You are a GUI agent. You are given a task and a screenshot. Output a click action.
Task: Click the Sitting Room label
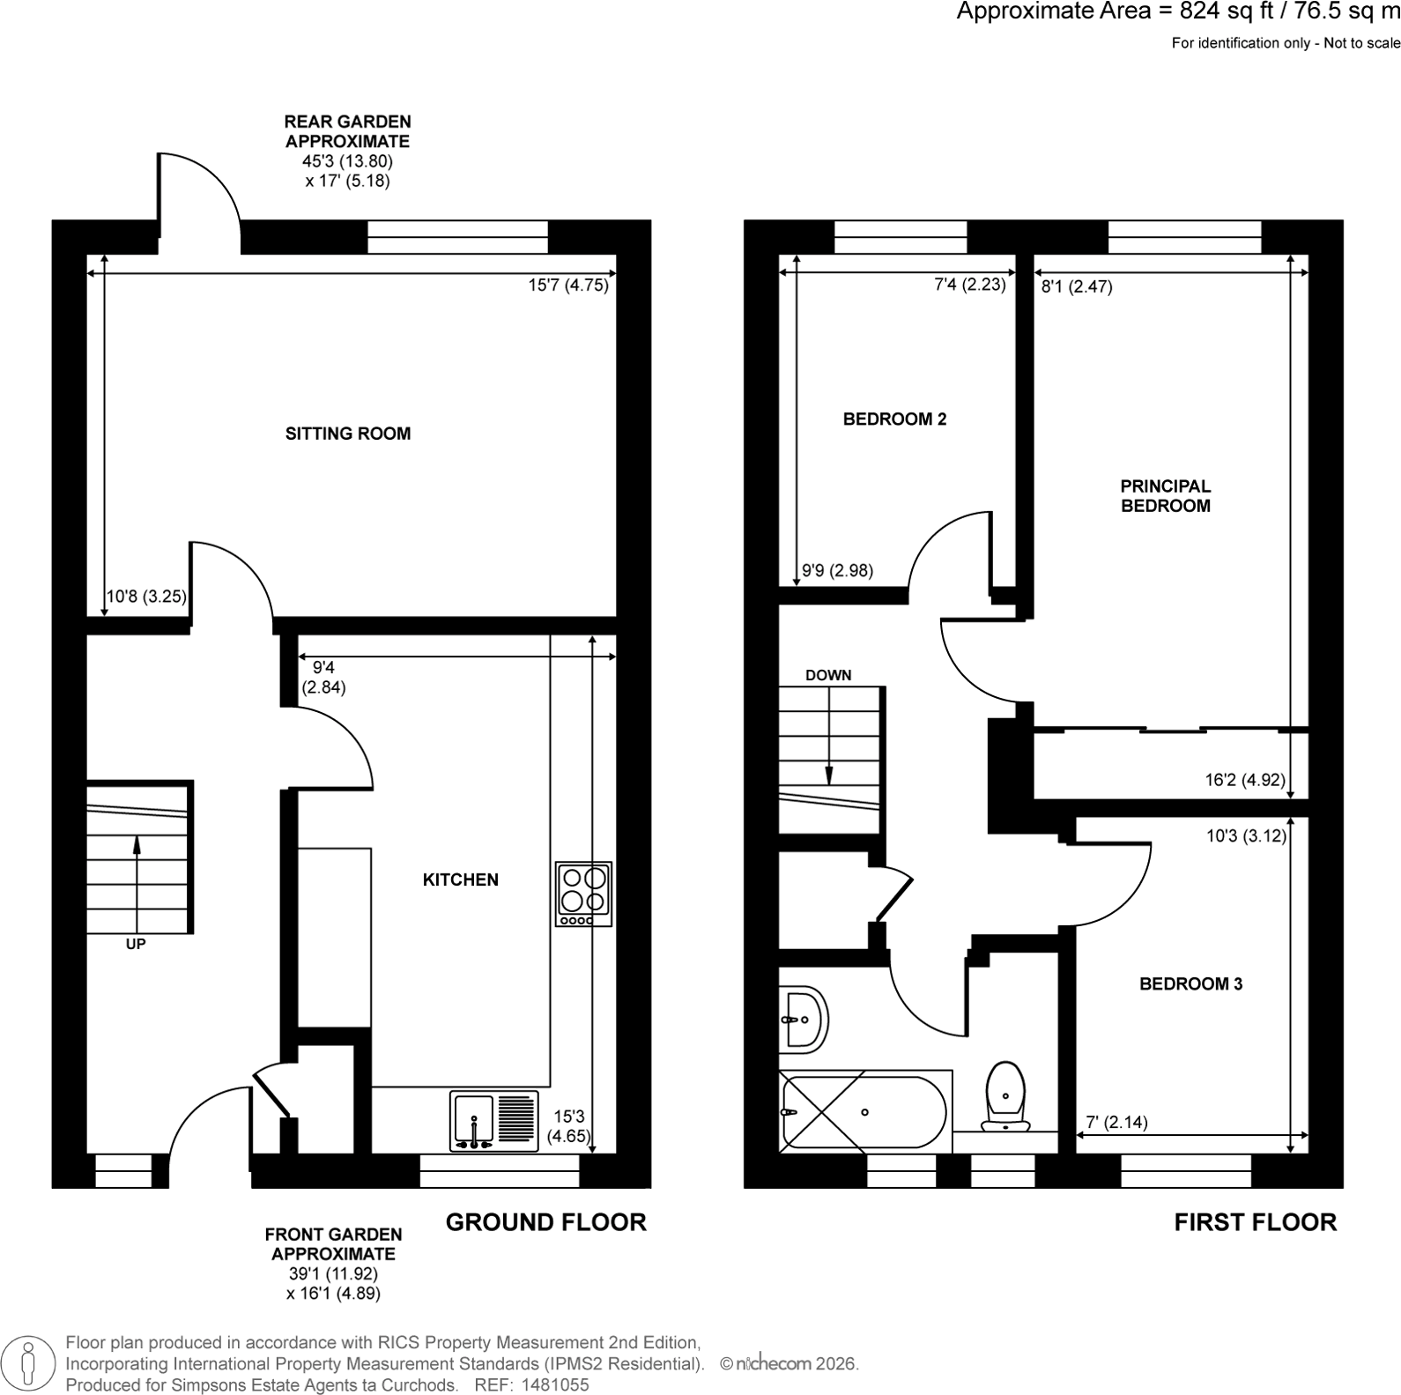348,434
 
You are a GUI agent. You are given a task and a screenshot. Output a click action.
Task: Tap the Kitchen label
461,879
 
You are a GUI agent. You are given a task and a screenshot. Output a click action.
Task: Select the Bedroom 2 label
895,419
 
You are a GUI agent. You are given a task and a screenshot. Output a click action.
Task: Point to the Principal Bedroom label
1166,496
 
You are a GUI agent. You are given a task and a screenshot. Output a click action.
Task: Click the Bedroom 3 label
1191,984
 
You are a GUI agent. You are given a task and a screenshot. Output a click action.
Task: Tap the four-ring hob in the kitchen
584,894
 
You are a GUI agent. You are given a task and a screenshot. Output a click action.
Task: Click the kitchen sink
494,1121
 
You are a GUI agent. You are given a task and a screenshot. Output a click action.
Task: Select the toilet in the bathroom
1006,1097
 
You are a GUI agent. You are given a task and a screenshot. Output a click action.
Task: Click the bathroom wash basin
804,1020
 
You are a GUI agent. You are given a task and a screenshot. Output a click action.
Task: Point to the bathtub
865,1111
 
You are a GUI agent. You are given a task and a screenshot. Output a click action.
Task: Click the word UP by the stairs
136,944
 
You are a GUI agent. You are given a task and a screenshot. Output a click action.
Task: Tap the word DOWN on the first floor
828,675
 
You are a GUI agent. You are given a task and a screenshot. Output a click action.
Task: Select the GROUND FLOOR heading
546,1222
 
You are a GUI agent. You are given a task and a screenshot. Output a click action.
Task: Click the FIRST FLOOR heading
1256,1222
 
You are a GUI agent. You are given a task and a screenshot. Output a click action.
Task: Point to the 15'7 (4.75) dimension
568,286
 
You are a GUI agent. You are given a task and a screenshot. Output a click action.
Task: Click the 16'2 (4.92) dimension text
1245,780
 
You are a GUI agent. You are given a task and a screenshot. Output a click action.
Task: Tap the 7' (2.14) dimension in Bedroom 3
1116,1123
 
